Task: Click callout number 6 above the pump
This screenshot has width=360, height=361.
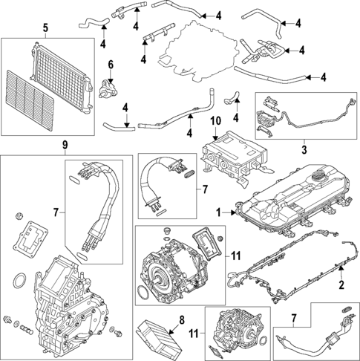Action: click(111, 65)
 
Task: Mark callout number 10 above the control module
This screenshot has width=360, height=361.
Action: click(216, 120)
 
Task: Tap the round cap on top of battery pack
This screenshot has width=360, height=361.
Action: click(318, 178)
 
